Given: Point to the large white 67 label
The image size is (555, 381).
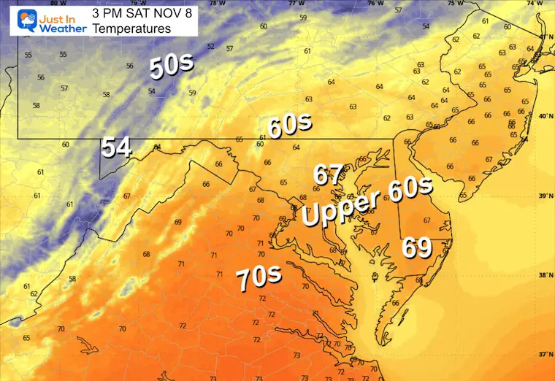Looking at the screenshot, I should (329, 175).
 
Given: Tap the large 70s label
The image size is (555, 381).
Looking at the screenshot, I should (259, 278).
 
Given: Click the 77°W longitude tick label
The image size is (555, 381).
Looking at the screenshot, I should (295, 3).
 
